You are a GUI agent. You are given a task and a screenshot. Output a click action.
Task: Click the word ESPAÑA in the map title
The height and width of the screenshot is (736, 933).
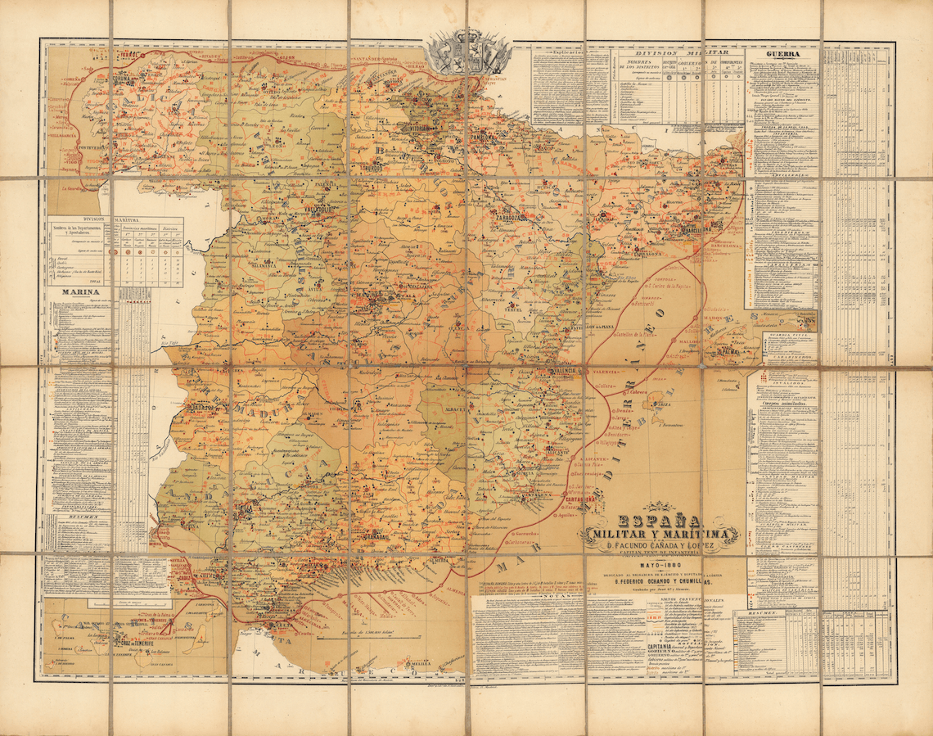pyautogui.click(x=659, y=521)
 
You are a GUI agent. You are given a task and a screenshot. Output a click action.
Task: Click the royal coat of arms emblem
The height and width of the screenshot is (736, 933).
pyautogui.click(x=467, y=53)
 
